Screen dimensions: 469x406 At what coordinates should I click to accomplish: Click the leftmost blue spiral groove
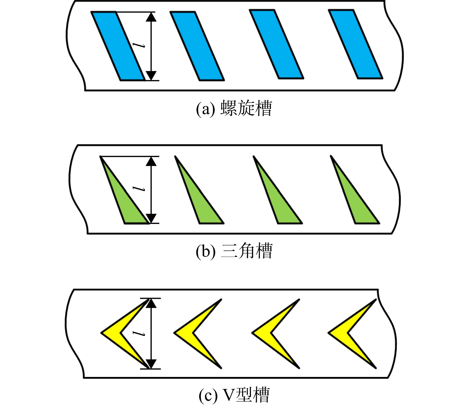pyautogui.click(x=118, y=46)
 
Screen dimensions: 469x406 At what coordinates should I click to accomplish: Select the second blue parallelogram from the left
pyautogui.click(x=197, y=46)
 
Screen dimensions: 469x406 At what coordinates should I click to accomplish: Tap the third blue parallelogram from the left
pyautogui.click(x=277, y=44)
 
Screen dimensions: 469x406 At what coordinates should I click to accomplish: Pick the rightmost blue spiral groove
pyautogui.click(x=355, y=44)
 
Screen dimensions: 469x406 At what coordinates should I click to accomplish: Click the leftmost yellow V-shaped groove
pyautogui.click(x=111, y=333)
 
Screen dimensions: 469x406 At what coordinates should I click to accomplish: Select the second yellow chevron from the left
pyautogui.click(x=184, y=333)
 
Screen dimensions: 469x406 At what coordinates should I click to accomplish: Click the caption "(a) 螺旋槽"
pyautogui.click(x=234, y=108)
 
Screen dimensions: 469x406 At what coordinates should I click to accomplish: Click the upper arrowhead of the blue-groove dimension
pyautogui.click(x=151, y=17)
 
